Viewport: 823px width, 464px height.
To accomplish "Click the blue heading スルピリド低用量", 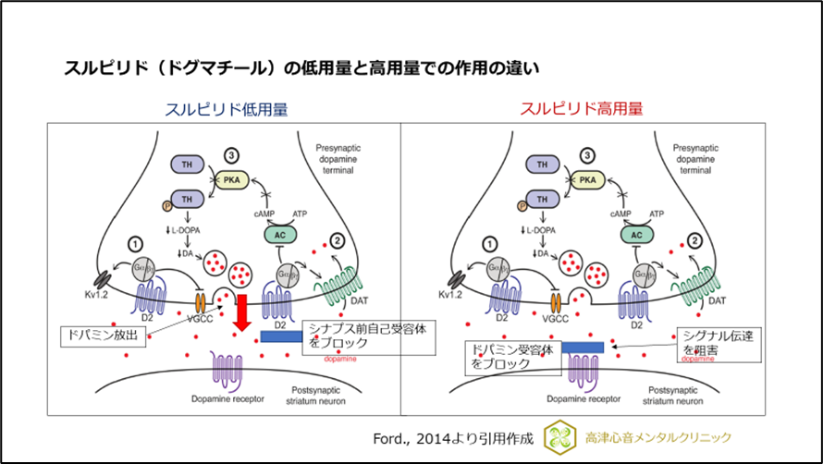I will [226, 109].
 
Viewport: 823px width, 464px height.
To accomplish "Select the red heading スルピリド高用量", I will [581, 109].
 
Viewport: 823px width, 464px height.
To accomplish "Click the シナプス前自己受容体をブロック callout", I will [346, 335].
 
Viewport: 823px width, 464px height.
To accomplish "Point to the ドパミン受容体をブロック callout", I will [512, 357].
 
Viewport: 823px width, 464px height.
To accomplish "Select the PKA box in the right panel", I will [587, 181].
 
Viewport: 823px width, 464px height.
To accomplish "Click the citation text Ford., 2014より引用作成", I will [452, 437].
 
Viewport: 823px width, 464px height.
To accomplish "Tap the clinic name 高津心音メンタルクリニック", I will [659, 437].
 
